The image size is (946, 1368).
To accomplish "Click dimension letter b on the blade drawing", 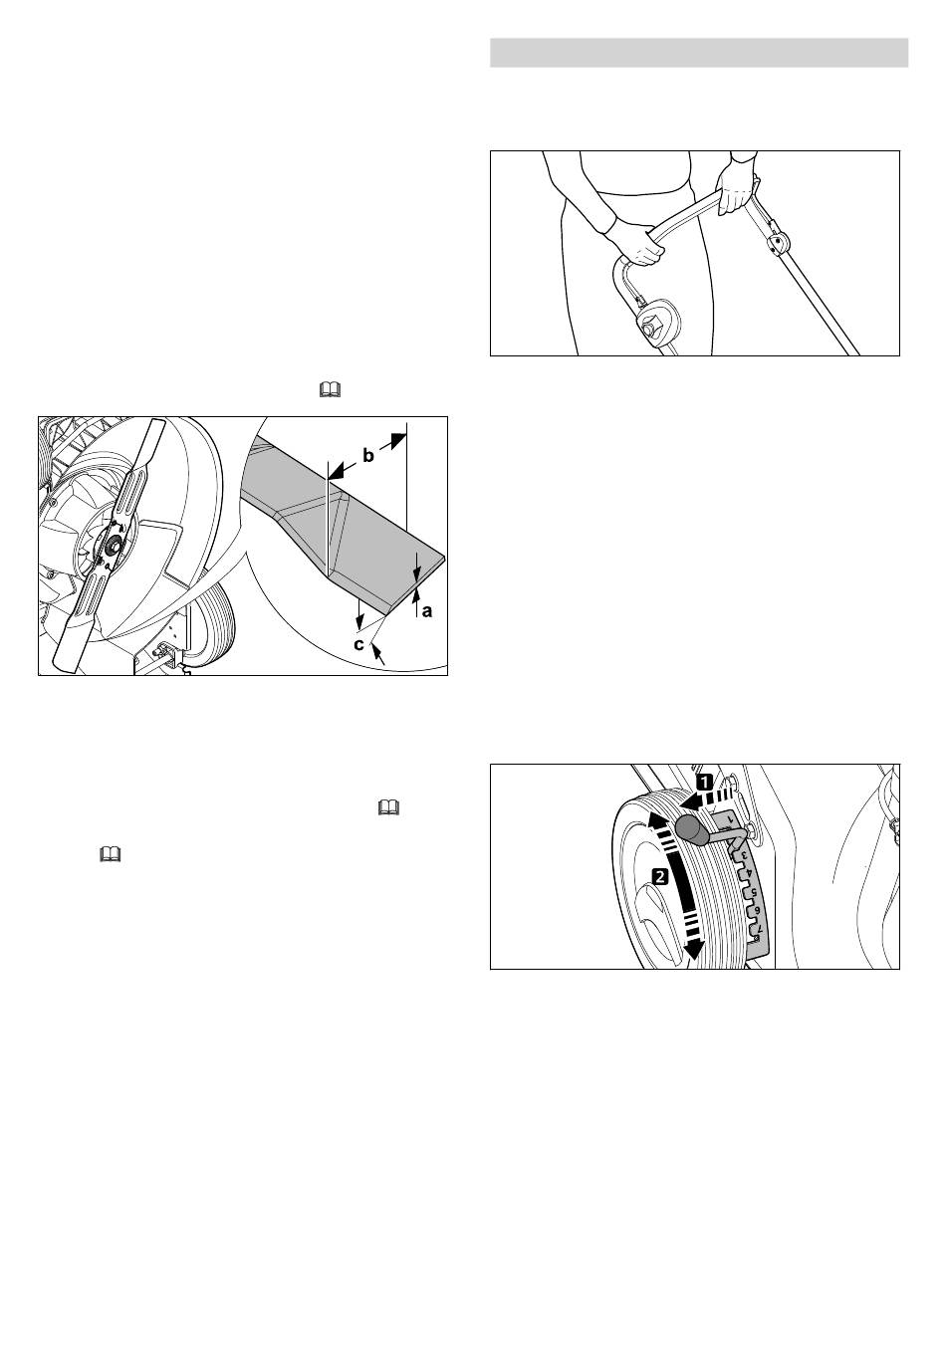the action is click(x=368, y=456).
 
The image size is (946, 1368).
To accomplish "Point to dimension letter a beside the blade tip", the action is click(x=427, y=610).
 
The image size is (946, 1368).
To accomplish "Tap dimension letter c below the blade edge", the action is click(x=359, y=644).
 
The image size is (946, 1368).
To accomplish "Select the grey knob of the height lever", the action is click(x=690, y=830).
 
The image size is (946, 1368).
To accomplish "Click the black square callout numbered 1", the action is click(x=705, y=782).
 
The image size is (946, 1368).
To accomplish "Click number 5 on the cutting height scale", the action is click(x=754, y=892).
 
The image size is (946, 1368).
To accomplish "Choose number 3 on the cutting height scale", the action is click(x=744, y=863).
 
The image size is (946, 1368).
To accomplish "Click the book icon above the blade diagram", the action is click(x=330, y=389).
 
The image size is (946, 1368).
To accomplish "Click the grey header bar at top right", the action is click(x=699, y=53).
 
